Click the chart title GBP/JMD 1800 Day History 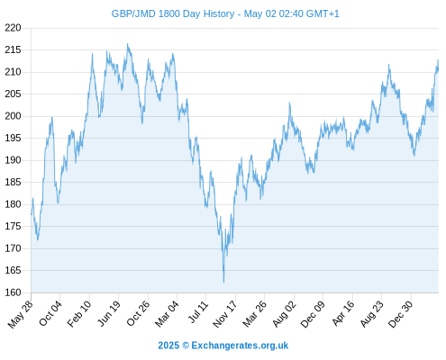click(x=173, y=13)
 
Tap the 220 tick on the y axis click(x=13, y=28)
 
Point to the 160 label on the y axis click(x=13, y=292)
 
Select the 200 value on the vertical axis click(x=13, y=116)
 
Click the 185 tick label click(x=13, y=182)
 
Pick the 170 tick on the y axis click(x=13, y=248)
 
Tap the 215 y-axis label click(x=13, y=49)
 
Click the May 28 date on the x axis click(x=21, y=314)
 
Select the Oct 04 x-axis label click(x=50, y=313)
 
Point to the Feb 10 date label click(x=78, y=313)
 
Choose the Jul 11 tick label click(x=198, y=312)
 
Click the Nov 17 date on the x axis click(x=224, y=314)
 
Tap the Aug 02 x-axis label click(x=284, y=314)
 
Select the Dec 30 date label click(x=400, y=314)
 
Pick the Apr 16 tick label click(x=343, y=313)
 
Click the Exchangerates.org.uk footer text click(x=240, y=346)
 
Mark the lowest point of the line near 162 click(x=223, y=283)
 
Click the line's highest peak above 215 click(x=127, y=43)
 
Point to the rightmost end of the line click(x=438, y=69)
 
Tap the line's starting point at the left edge click(x=32, y=214)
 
